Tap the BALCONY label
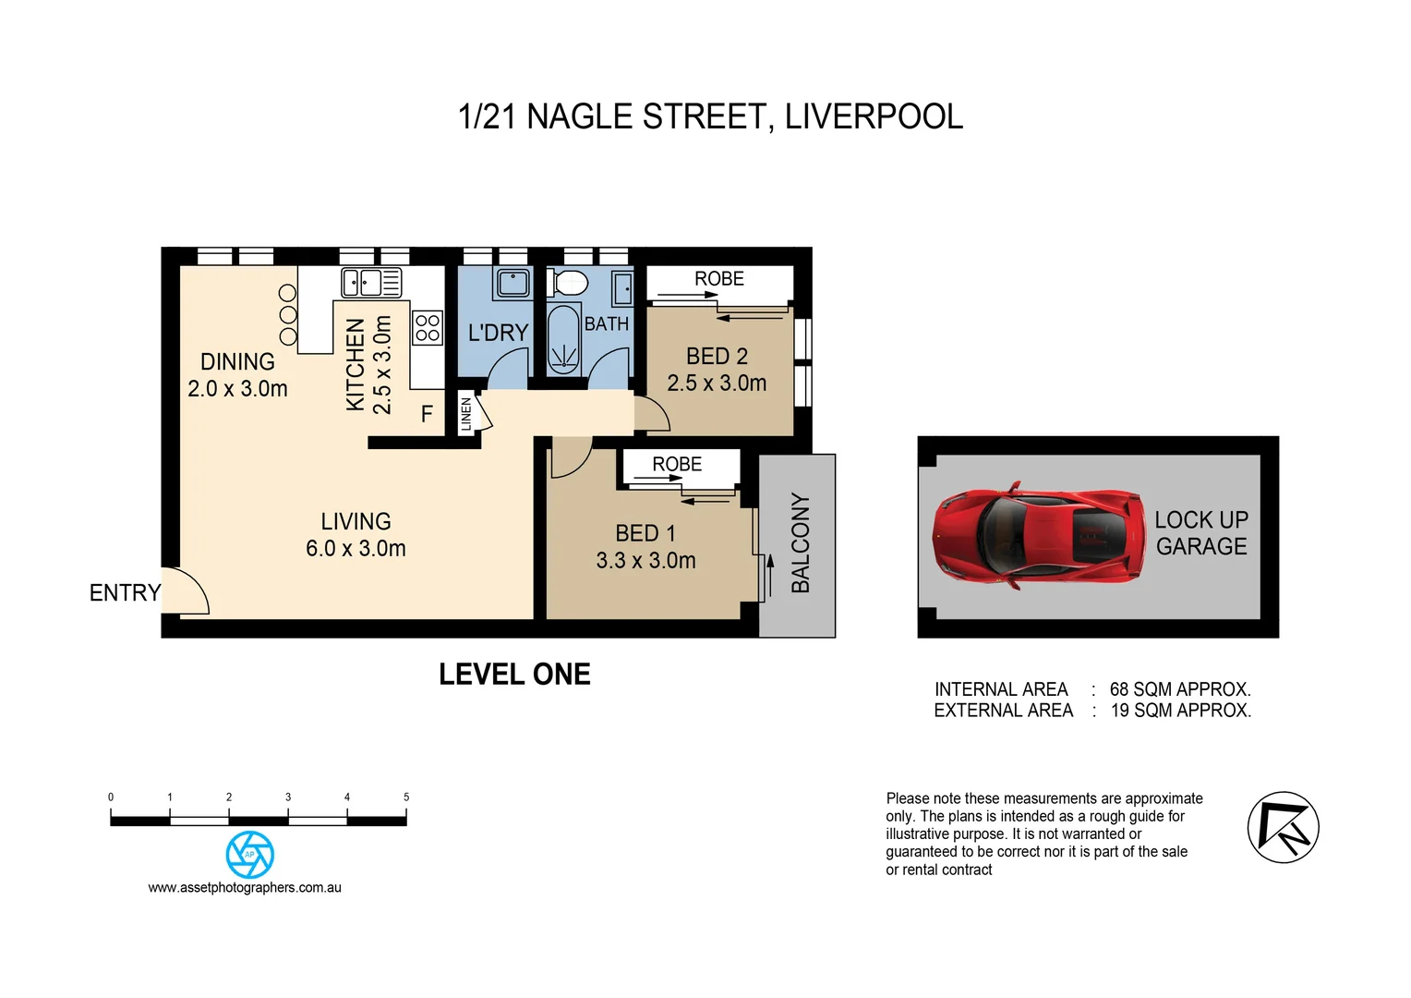801,542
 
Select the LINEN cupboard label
466,413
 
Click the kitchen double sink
371,281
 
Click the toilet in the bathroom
567,282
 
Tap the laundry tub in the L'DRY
513,282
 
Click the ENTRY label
125,592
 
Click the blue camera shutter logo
249,854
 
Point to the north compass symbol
1283,827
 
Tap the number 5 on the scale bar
406,797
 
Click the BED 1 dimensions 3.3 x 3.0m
645,560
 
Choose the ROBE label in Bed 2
718,278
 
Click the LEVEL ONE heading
514,675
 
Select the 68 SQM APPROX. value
1179,689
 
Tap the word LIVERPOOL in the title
874,116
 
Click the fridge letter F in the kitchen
427,414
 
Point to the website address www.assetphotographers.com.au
245,887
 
